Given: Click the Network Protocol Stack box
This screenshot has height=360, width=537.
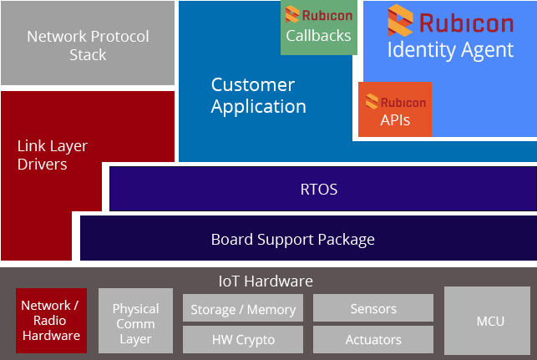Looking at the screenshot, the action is [88, 43].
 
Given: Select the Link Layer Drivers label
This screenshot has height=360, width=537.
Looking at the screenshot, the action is [53, 155].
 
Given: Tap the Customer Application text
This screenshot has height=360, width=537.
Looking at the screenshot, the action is [258, 95].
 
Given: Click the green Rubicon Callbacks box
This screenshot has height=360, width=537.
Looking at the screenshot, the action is [319, 28].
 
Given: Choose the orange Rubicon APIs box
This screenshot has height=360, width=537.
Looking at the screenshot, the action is [395, 109].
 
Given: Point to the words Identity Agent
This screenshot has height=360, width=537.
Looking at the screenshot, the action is [450, 50].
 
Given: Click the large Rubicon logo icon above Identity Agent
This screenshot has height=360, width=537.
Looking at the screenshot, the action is [400, 20].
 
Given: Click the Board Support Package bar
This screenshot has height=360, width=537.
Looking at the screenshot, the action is [308, 238].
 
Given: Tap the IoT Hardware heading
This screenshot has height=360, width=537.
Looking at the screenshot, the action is [266, 281].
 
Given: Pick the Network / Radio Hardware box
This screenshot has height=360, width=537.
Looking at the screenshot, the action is [52, 321].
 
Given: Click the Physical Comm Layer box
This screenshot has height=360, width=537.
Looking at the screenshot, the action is [135, 321].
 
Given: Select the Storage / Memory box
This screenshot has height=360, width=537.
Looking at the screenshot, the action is [243, 307].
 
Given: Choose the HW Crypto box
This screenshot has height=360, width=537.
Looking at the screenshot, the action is [243, 339].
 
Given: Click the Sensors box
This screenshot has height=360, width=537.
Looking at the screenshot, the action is [373, 307].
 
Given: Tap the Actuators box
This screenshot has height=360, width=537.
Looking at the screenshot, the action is [373, 339].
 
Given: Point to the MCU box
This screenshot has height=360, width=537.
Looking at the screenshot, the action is [488, 321].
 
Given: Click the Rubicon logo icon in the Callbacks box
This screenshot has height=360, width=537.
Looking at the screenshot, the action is [292, 14].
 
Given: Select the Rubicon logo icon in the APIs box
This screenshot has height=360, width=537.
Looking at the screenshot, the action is [372, 101].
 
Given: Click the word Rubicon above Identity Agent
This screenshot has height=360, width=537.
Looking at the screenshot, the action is [467, 23].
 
